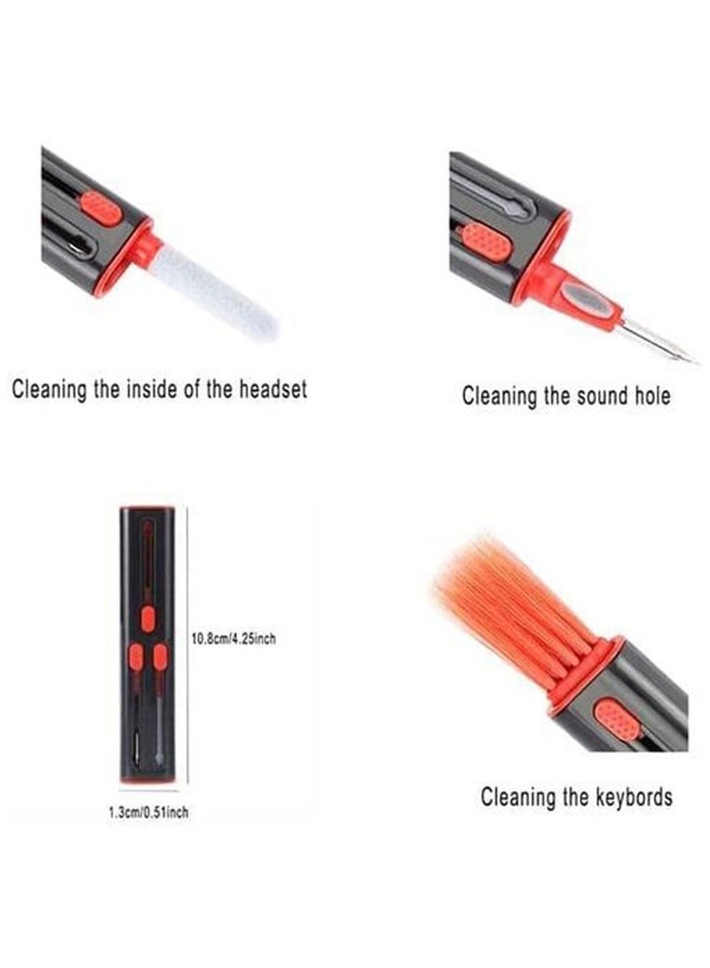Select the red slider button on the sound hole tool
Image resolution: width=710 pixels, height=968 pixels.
tap(486, 240)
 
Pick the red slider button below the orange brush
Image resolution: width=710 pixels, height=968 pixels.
tap(616, 720)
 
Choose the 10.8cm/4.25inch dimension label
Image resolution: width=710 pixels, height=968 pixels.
tap(233, 637)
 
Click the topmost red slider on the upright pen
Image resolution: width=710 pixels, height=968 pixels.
tap(148, 618)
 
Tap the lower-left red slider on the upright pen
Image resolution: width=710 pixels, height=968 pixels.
tap(136, 657)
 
